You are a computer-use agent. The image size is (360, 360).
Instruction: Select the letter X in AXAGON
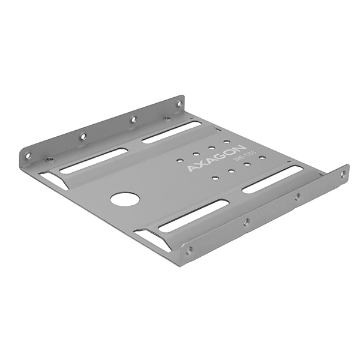tap(199, 164)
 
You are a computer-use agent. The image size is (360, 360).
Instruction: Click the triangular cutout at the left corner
tap(54, 179)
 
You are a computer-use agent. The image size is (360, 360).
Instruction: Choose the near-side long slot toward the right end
tap(272, 179)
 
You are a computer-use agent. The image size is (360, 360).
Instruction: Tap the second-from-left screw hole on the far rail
tap(83, 137)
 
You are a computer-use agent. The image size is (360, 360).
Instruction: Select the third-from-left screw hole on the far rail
tap(134, 119)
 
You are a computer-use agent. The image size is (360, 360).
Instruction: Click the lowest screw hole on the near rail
tap(190, 251)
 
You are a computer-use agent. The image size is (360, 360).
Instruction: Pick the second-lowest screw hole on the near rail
tap(246, 221)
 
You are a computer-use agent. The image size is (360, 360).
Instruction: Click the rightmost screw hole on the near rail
tap(343, 174)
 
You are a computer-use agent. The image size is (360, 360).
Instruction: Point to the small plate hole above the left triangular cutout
tap(50, 160)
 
